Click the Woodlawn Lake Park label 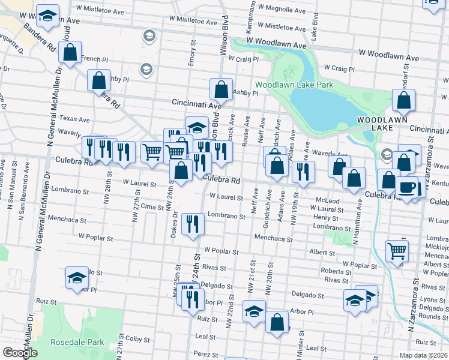pyautogui.click(x=294, y=85)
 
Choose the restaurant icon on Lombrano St pyautogui.click(x=193, y=224)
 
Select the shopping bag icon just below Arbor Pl pyautogui.click(x=277, y=322)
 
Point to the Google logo pyautogui.click(x=20, y=353)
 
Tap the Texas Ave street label pyautogui.click(x=74, y=119)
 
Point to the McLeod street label pyautogui.click(x=328, y=200)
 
